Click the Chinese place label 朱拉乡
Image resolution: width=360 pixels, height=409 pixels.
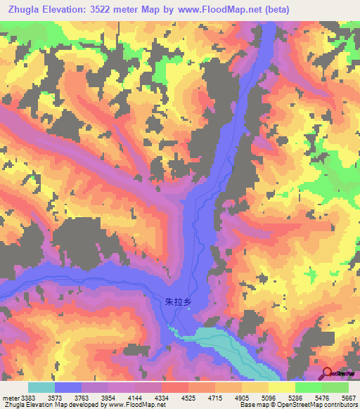[x=178, y=301]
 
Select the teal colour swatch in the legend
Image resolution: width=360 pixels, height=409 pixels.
[x=41, y=387]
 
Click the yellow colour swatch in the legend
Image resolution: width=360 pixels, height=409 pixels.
[x=282, y=387]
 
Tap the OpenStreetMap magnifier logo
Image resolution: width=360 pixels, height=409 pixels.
[x=328, y=374]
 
